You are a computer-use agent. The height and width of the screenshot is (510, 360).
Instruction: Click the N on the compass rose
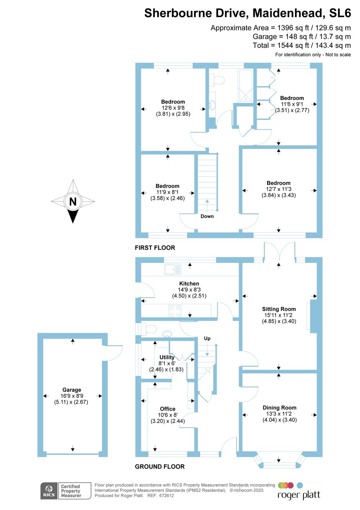(73, 202)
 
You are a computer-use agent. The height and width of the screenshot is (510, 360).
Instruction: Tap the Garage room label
(72, 390)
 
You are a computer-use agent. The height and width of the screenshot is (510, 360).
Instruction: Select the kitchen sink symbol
(173, 269)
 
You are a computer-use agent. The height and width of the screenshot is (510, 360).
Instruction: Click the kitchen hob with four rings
(175, 311)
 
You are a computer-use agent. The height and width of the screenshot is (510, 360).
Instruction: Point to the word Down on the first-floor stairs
(207, 216)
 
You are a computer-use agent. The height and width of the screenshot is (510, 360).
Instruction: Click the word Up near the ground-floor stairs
(207, 338)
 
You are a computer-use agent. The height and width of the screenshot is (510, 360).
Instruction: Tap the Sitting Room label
(279, 309)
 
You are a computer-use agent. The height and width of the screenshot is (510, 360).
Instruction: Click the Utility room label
(167, 357)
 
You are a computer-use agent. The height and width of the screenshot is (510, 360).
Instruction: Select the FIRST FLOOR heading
(155, 248)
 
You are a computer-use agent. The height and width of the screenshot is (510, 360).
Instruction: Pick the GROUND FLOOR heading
(160, 467)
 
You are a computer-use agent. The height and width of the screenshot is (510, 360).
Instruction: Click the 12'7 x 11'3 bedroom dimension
(279, 189)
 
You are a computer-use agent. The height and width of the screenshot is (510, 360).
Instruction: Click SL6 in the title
(340, 13)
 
